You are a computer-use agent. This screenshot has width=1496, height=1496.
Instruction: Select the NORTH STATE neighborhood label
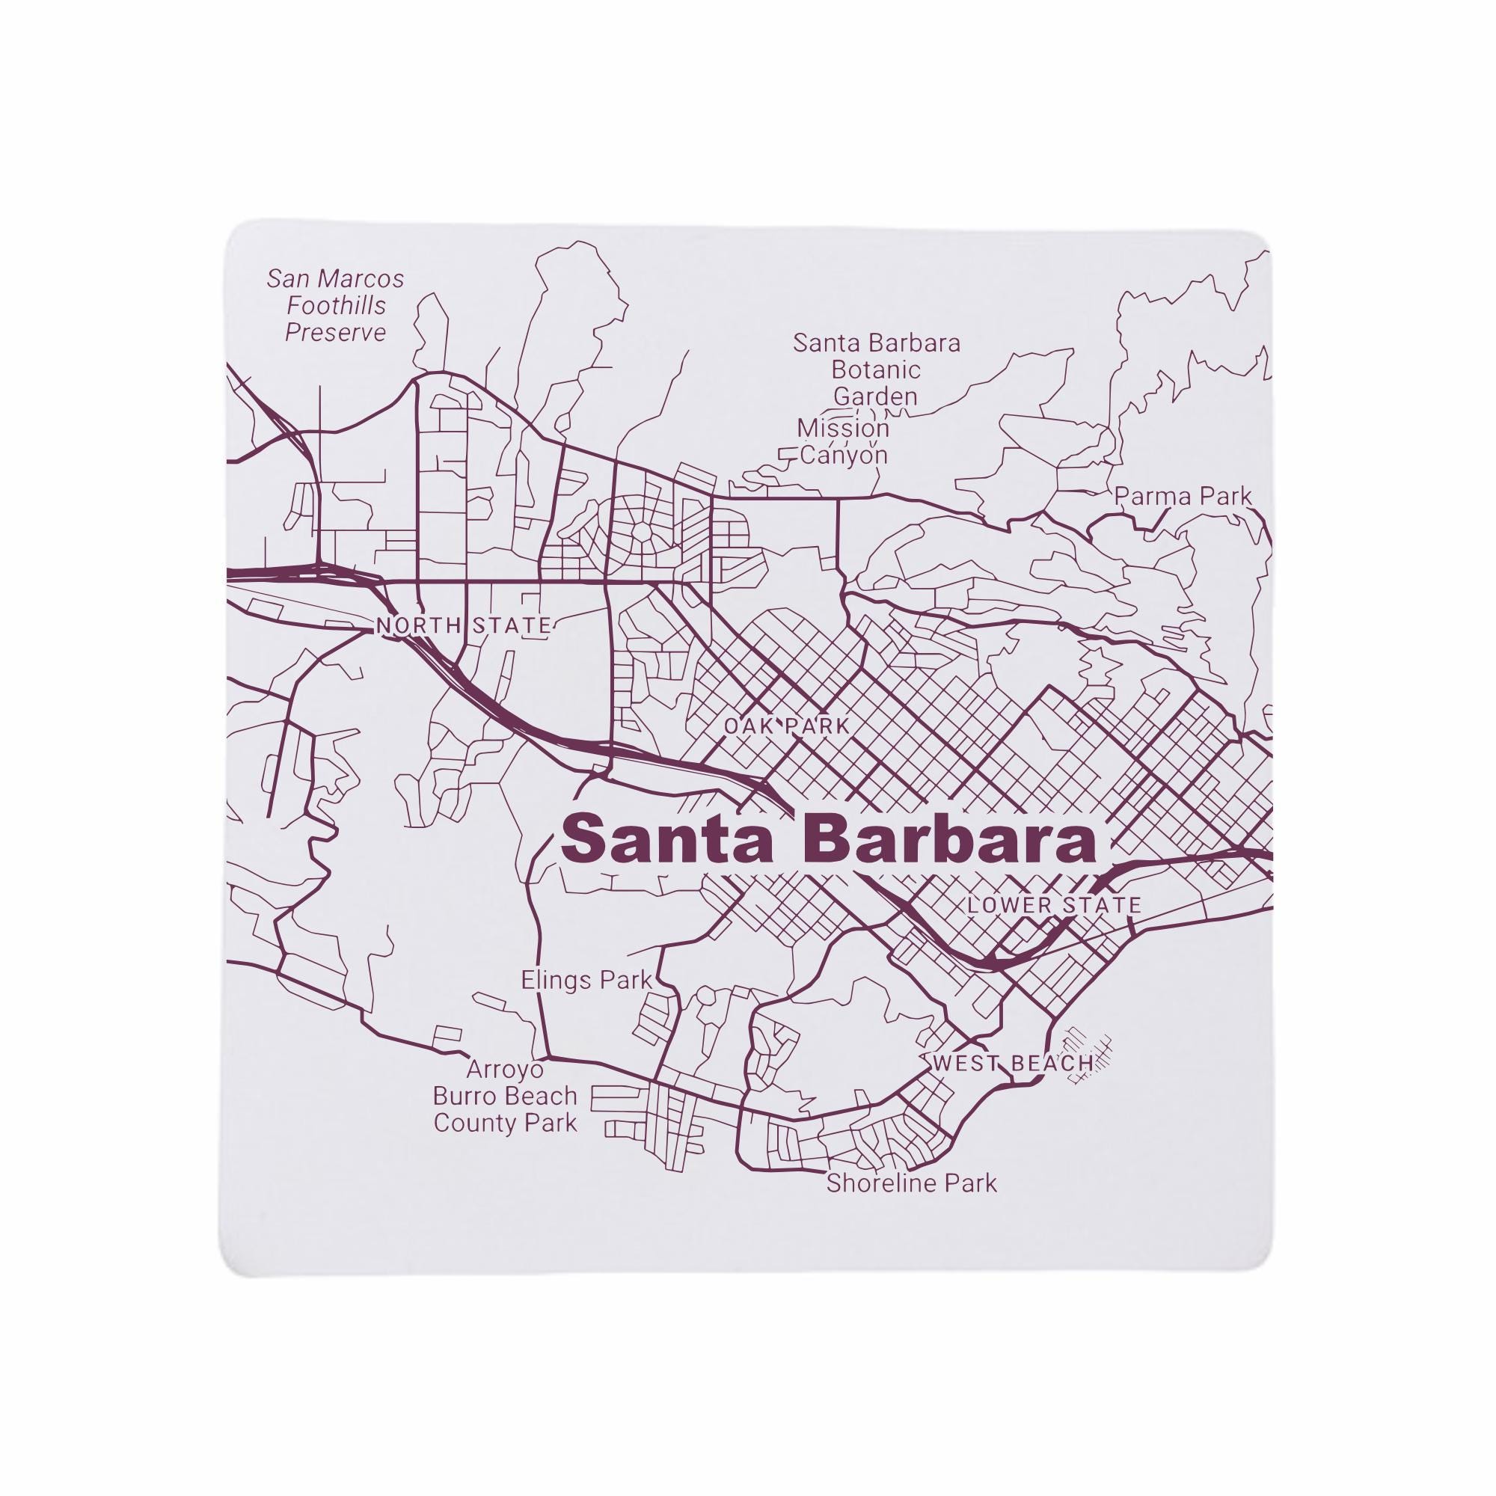[463, 625]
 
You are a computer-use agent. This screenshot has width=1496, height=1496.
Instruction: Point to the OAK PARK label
[787, 726]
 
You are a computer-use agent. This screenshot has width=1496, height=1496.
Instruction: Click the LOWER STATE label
[1054, 904]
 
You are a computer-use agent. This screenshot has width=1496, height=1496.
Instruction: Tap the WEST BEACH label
[1012, 1063]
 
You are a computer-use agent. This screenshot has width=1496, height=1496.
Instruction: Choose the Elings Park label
[587, 981]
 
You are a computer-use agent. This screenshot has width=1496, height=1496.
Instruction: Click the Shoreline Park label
[911, 1183]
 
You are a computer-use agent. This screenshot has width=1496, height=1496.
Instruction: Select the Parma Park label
[1183, 497]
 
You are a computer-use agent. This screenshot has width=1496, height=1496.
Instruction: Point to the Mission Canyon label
[843, 441]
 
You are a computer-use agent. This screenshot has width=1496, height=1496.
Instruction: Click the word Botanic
[876, 370]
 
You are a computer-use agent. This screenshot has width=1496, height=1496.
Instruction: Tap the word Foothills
[336, 306]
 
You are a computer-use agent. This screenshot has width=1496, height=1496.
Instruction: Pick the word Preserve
[335, 333]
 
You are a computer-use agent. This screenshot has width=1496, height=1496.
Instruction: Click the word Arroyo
[505, 1070]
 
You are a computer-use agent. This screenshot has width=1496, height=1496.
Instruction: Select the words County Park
[505, 1123]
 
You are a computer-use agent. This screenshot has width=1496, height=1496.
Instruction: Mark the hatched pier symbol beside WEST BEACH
[1088, 1056]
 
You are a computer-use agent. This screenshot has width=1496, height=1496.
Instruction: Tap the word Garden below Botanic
[875, 396]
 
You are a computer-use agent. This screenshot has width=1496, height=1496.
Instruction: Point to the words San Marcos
[335, 279]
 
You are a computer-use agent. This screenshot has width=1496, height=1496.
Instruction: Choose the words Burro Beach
[505, 1097]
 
